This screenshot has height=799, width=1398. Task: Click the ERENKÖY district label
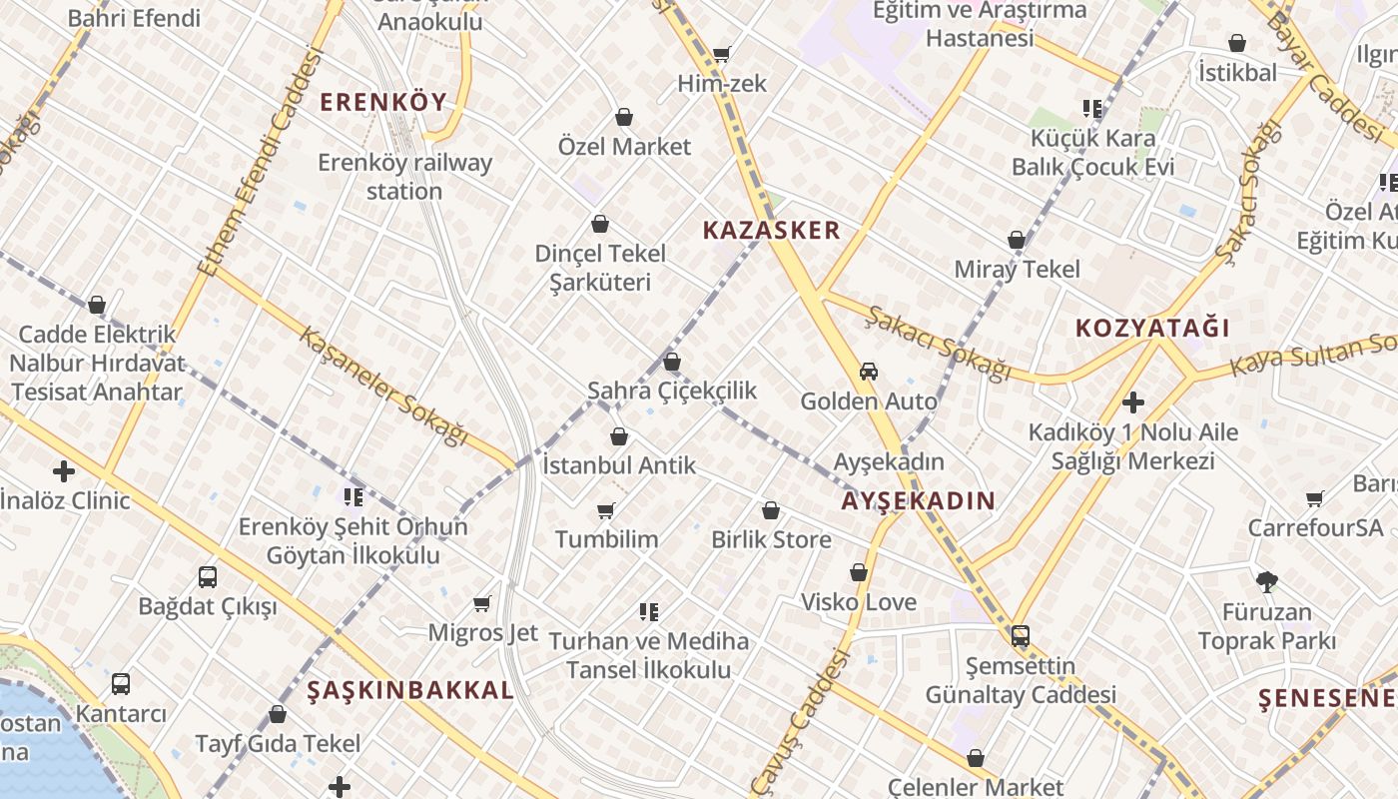[x=383, y=102]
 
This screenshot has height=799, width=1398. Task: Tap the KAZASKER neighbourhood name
[x=771, y=231]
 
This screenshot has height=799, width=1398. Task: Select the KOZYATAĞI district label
[x=1151, y=328]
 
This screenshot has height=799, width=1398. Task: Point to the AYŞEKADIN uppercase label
[x=918, y=501]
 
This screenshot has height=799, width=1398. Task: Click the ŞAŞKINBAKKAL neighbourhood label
[x=410, y=690]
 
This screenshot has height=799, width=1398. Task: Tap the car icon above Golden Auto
[x=869, y=372]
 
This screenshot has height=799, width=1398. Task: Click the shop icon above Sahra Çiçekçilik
[x=672, y=362]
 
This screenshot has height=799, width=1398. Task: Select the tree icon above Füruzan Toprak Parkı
[x=1266, y=581]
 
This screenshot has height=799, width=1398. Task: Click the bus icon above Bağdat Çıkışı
[x=208, y=576]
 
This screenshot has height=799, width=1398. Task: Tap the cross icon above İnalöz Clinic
[x=64, y=470]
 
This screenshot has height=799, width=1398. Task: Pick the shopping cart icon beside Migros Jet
[x=482, y=603]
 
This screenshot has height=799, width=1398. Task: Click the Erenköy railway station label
[x=404, y=177]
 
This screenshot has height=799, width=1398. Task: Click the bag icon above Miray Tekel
[x=1017, y=241]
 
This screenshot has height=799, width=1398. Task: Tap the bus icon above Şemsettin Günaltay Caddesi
[x=1021, y=636]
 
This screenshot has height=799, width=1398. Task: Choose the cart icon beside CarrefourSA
[x=1315, y=498]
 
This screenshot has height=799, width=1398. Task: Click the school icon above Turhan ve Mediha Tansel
[x=649, y=611]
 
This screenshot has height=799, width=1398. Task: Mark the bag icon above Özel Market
[x=624, y=118]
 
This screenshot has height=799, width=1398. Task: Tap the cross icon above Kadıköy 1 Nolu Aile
[x=1132, y=402]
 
